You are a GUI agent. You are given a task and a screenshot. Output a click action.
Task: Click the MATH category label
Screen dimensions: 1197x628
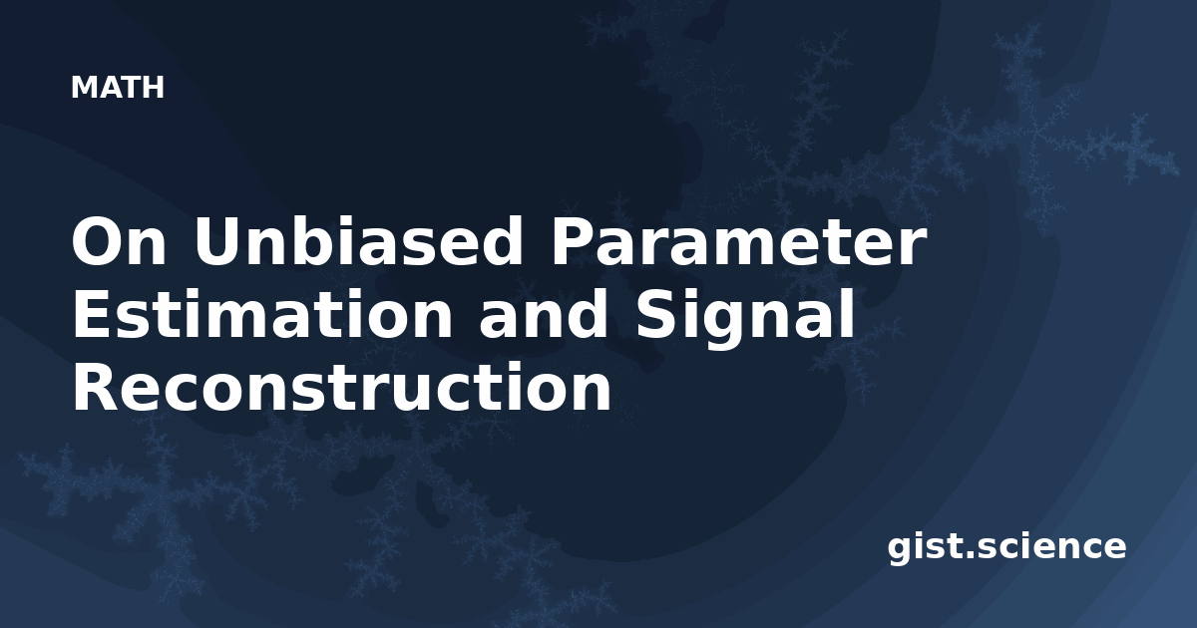[x=118, y=87]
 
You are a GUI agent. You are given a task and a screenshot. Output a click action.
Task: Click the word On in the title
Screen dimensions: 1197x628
[x=119, y=241]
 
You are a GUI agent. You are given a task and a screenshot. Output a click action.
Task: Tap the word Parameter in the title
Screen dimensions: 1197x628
[x=738, y=241]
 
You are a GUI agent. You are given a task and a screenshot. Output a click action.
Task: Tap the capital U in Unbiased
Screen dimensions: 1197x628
[x=215, y=241]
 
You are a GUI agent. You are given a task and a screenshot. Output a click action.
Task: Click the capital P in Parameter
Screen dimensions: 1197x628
[x=574, y=241]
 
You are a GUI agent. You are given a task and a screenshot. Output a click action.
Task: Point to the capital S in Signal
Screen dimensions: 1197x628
[x=657, y=314]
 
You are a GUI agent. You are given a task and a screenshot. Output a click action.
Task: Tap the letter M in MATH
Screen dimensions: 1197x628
[x=84, y=88]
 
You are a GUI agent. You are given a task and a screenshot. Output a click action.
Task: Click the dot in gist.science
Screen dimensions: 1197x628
[x=970, y=555]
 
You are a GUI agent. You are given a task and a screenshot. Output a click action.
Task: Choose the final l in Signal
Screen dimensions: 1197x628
[x=849, y=313]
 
